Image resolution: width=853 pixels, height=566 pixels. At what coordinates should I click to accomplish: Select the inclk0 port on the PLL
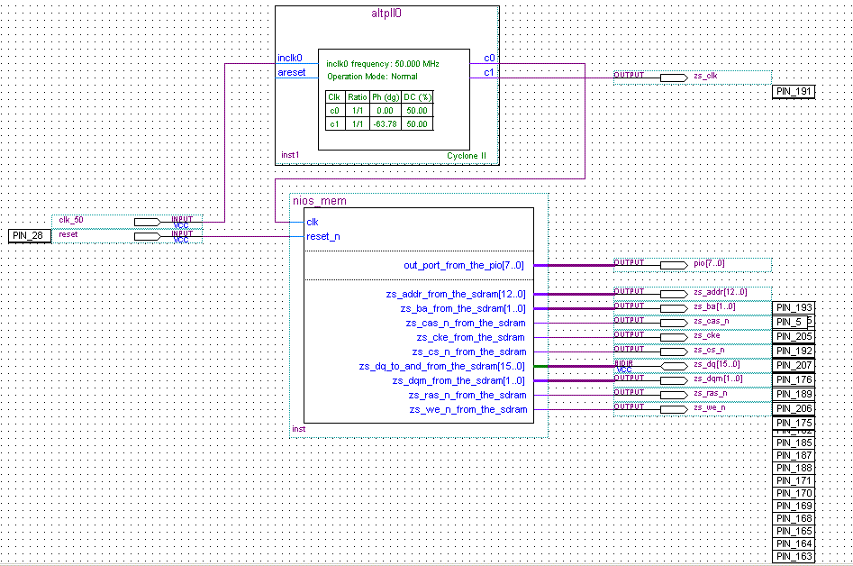[x=290, y=59]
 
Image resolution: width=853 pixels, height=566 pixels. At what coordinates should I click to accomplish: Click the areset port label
[x=291, y=72]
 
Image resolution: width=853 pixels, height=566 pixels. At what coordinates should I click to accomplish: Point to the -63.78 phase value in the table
[x=385, y=124]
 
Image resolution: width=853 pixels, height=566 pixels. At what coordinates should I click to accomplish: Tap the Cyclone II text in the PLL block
[x=467, y=156]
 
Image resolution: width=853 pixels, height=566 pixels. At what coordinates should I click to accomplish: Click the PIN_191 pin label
[x=794, y=92]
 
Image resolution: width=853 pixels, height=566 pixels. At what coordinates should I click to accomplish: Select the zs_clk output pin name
[x=705, y=77]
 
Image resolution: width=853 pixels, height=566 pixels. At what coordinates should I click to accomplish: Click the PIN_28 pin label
[x=30, y=235]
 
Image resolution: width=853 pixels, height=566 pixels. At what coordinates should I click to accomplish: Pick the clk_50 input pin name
[x=71, y=220]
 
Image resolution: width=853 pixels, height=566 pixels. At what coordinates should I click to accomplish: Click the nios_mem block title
[x=320, y=201]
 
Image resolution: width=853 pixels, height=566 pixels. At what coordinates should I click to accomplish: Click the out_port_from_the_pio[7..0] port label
[x=463, y=266]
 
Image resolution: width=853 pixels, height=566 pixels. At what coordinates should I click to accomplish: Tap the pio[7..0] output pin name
[x=709, y=263]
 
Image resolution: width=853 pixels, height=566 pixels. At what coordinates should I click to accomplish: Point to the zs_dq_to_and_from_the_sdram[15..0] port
[x=441, y=367]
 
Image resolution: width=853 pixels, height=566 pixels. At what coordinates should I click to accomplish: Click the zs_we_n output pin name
[x=709, y=407]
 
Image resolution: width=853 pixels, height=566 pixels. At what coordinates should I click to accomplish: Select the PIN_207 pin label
[x=794, y=366]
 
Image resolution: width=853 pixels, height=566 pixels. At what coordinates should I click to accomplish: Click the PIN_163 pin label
[x=794, y=557]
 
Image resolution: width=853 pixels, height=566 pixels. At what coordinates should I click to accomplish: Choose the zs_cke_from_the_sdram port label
[x=467, y=338]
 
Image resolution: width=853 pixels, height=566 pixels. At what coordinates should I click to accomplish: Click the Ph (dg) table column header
[x=385, y=97]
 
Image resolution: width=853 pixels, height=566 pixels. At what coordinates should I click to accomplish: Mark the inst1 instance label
[x=289, y=155]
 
